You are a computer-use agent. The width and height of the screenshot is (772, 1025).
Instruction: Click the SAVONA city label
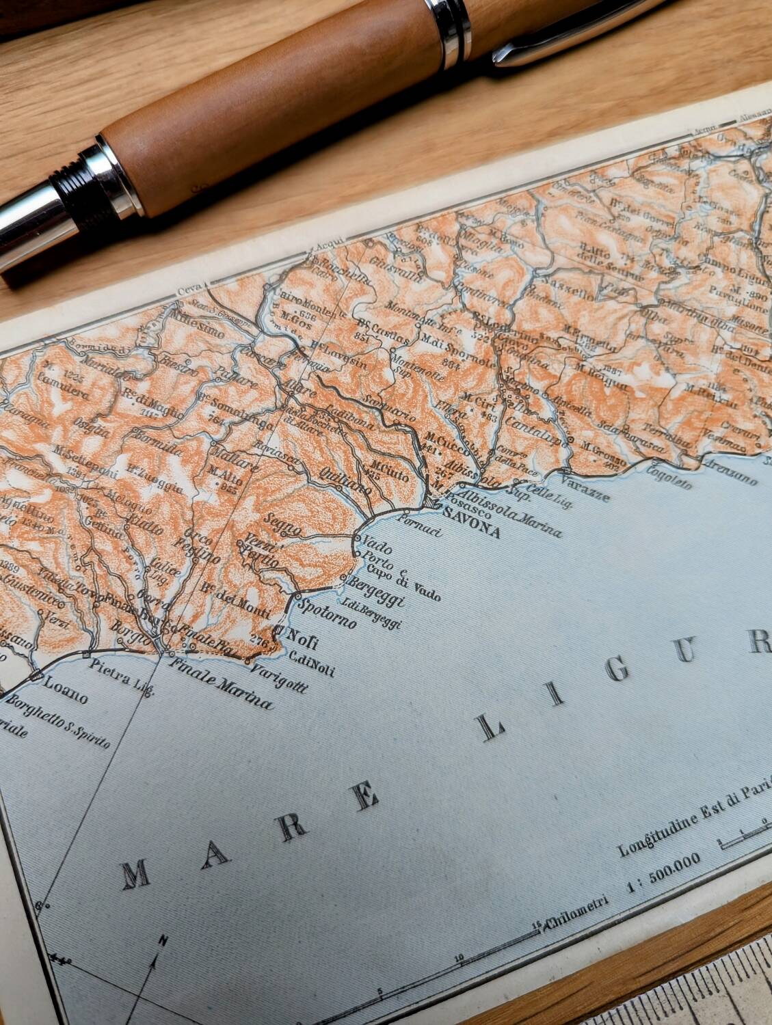[x=471, y=522]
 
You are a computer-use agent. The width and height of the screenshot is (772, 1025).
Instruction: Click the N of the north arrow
[x=162, y=942]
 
